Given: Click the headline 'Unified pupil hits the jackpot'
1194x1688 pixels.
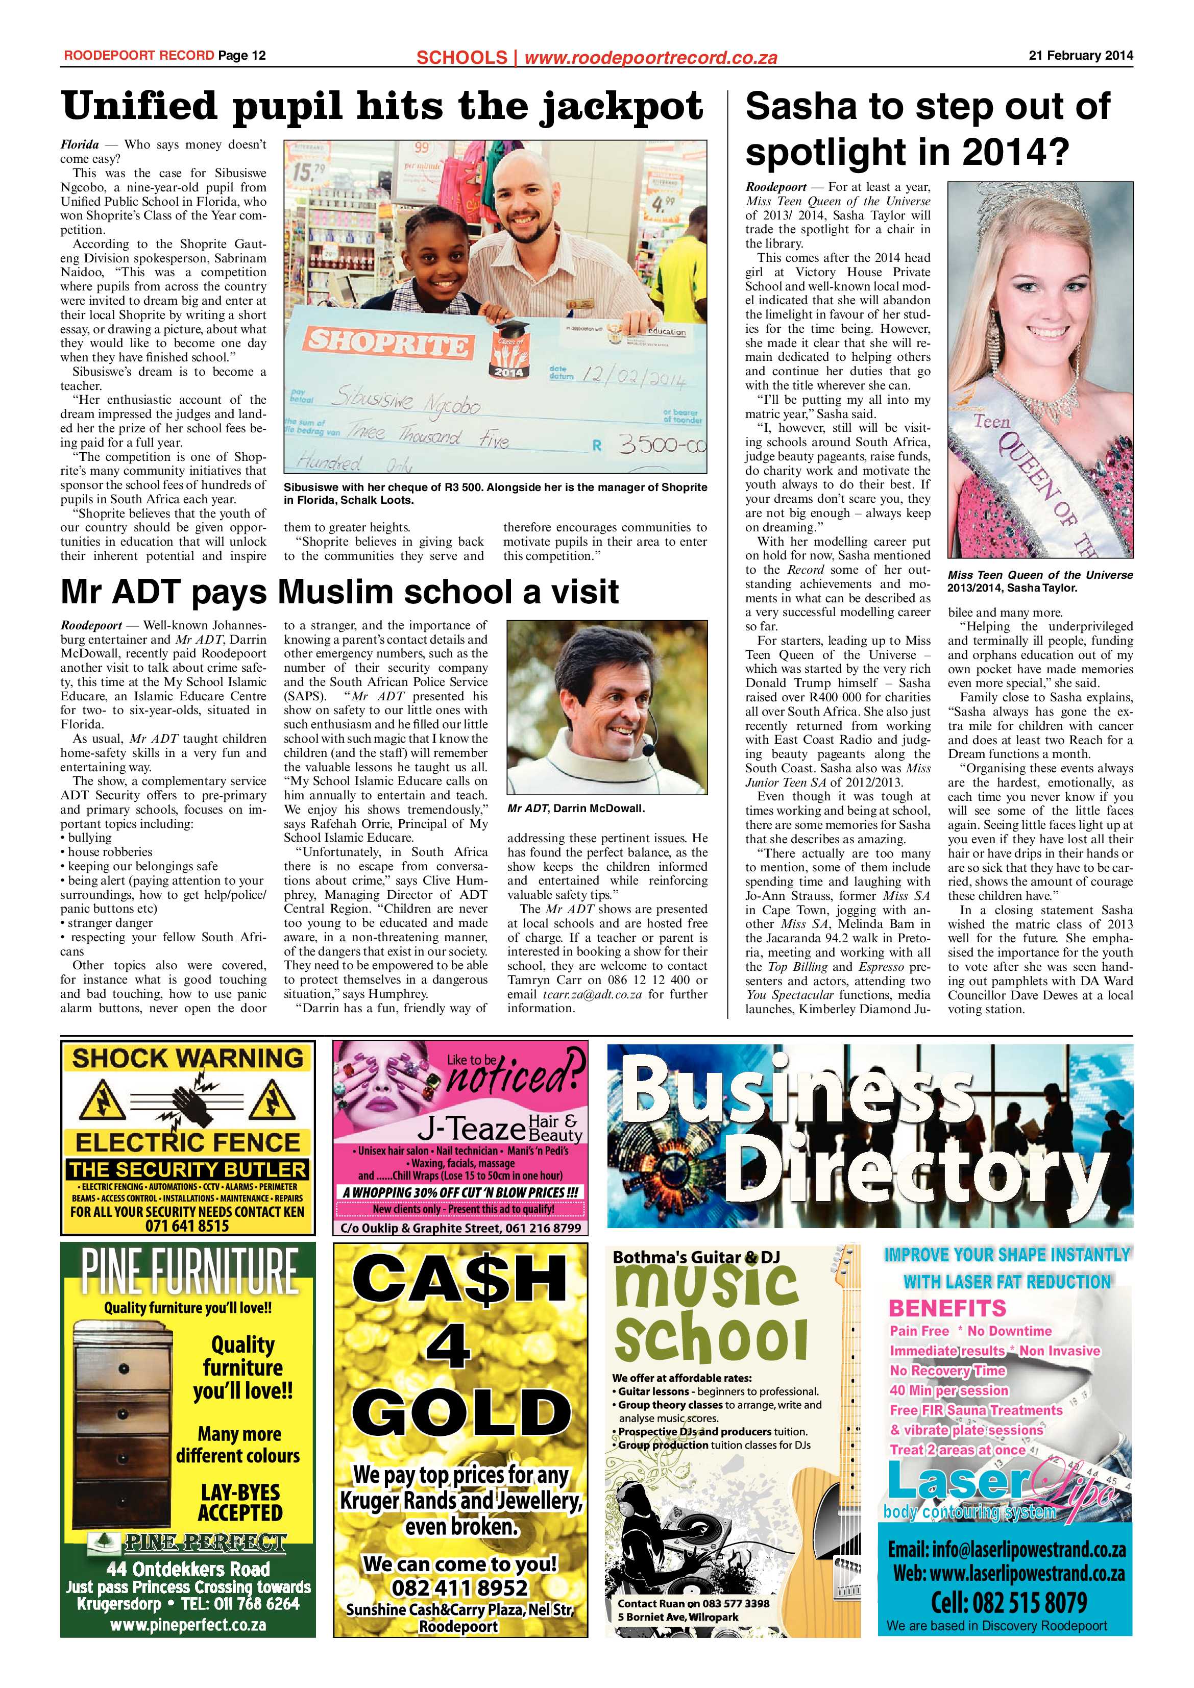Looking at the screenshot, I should click(382, 107).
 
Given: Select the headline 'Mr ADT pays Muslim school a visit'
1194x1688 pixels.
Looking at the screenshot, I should click(339, 592).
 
